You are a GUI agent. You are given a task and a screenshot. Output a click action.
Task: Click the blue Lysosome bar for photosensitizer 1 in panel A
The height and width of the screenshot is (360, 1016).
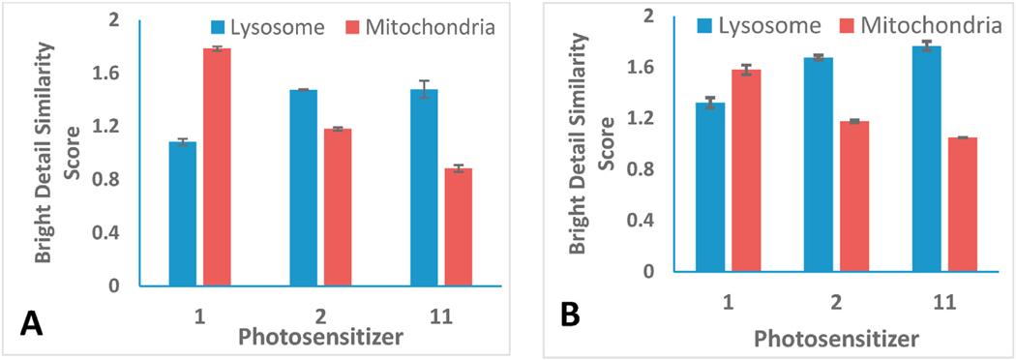click(182, 214)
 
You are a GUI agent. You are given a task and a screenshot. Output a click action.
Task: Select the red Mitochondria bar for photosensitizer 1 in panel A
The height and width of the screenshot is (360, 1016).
click(218, 167)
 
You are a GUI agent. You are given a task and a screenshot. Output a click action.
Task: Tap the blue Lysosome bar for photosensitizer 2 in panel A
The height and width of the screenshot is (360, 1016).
click(302, 188)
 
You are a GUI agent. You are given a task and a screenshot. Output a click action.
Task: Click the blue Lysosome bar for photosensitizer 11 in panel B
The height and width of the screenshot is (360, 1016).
click(926, 159)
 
